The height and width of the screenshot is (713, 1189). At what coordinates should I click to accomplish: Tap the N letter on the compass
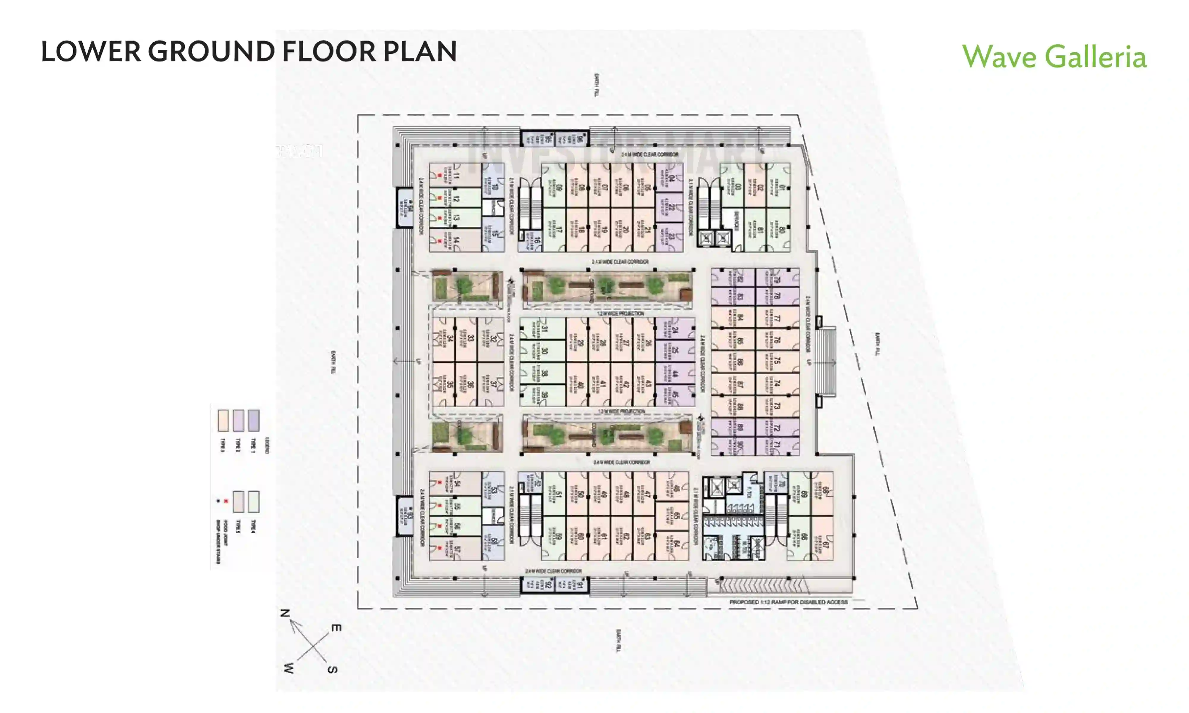(285, 613)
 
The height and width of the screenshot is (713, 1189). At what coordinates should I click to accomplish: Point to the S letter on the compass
(332, 670)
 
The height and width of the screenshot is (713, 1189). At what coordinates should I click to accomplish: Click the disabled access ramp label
(788, 602)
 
